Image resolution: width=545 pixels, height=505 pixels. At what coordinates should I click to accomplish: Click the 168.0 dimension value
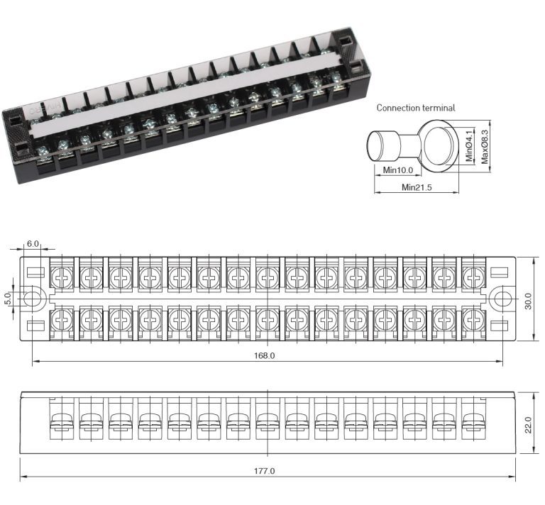point(264,356)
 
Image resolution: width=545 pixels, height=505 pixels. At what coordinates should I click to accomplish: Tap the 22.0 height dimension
point(528,424)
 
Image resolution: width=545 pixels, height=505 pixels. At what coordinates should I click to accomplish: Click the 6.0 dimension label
point(33,243)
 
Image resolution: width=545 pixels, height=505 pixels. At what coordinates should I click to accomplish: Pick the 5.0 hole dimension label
point(9,297)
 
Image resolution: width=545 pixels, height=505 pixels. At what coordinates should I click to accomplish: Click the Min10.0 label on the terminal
point(398,170)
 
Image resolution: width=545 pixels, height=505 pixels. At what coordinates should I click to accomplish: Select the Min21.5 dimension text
point(417,187)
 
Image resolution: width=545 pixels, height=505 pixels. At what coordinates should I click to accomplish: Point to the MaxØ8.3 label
point(485,145)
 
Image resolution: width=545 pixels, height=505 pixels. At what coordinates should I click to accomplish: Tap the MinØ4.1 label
point(469,145)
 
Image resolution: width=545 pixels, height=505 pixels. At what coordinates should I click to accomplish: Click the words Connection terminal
point(416,109)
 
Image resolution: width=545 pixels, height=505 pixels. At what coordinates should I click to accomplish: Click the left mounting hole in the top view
point(32,297)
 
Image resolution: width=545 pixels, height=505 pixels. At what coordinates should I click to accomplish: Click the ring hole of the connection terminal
point(443,144)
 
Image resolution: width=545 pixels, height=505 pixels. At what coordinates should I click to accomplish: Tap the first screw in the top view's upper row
point(62,277)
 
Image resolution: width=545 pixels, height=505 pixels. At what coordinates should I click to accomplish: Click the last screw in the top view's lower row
point(473,317)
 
